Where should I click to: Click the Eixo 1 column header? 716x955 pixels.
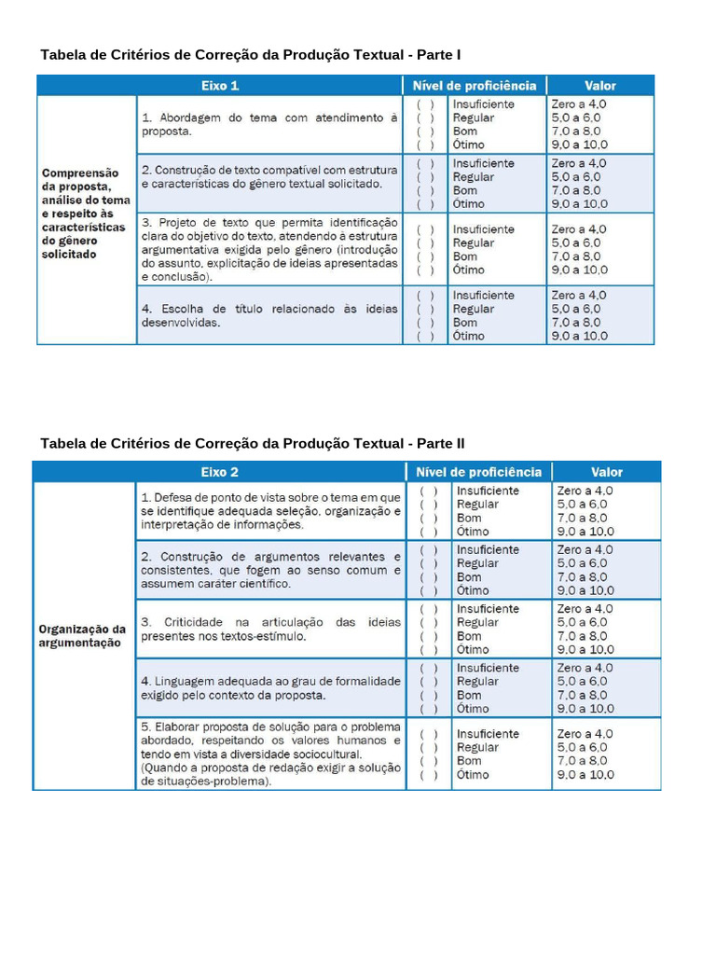coord(221,86)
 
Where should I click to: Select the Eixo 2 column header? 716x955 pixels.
coord(220,472)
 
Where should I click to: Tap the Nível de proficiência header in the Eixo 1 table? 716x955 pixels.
coord(475,86)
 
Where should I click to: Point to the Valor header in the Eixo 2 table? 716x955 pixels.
coord(606,472)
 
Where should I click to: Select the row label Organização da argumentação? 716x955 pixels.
coord(82,635)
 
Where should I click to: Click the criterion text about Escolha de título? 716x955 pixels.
coord(269,315)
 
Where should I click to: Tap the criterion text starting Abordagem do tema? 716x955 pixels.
coord(269,125)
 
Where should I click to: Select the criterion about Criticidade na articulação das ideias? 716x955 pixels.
coord(270,629)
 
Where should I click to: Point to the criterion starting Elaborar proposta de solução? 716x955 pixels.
coord(270,754)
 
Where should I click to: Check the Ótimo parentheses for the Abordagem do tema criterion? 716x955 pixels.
coord(425,145)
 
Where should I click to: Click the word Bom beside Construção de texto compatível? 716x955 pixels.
coord(464,190)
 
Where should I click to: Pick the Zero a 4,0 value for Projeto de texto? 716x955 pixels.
coord(578,229)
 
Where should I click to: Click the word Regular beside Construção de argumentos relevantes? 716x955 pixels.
coord(477,563)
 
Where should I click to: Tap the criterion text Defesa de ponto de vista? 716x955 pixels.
coord(270,510)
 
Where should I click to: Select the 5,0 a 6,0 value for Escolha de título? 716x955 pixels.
coord(576,309)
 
